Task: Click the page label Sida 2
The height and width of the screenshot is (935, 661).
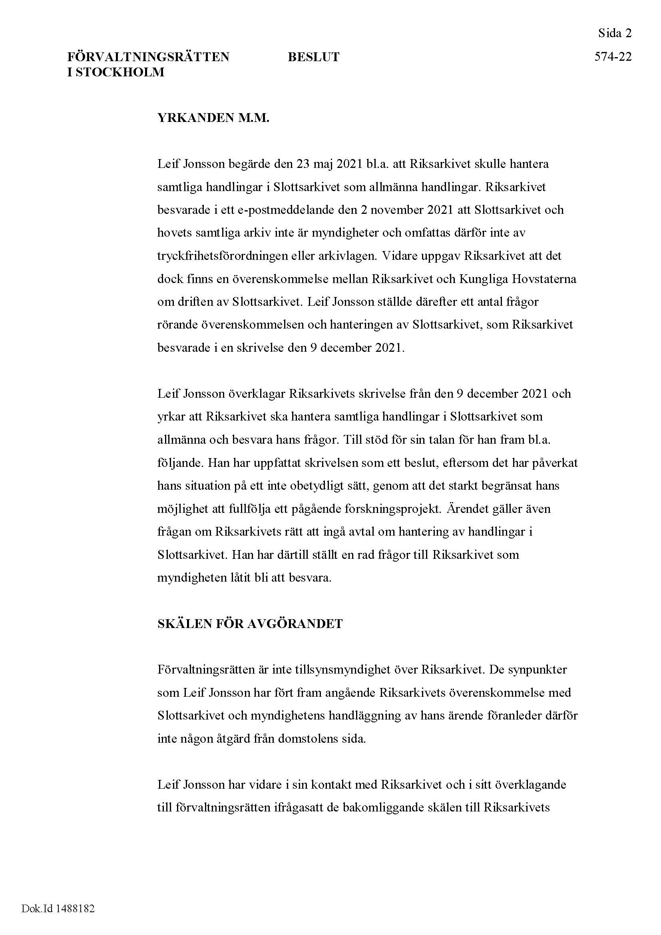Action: coord(615,33)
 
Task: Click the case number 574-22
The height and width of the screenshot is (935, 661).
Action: coord(613,57)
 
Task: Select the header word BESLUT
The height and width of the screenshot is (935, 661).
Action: coord(313,57)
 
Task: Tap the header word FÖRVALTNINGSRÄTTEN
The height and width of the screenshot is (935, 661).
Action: coord(148,57)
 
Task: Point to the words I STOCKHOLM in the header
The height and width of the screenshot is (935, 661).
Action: coord(115,72)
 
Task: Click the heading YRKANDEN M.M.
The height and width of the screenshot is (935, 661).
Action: coord(213,118)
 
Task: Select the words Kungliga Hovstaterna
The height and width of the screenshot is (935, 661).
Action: coord(518,279)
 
